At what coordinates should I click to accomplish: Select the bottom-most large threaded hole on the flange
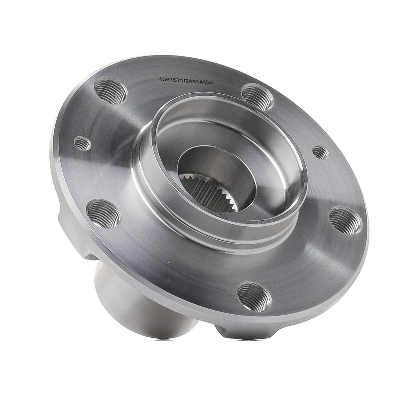254,296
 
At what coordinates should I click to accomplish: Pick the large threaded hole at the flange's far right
345,221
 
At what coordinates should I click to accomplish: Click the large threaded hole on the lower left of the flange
103,214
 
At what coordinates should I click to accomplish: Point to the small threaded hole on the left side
83,143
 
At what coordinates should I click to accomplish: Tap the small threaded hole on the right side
320,152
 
